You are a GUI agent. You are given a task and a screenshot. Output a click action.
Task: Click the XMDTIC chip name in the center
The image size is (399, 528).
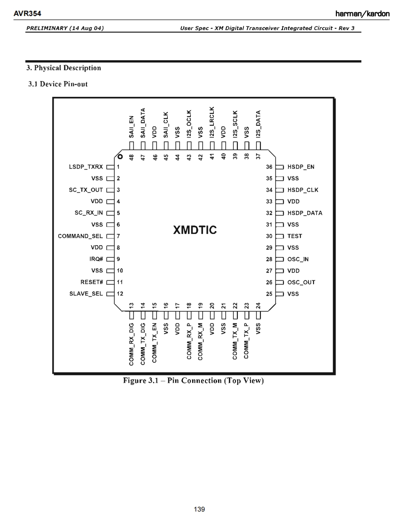(195, 230)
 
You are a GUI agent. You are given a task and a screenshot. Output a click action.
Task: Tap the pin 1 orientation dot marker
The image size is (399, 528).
(120, 157)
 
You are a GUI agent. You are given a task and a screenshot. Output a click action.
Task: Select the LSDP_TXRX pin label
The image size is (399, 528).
(86, 167)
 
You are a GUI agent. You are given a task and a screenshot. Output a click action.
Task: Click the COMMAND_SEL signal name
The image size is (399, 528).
(80, 236)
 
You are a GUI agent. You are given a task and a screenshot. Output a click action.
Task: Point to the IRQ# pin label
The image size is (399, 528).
(95, 259)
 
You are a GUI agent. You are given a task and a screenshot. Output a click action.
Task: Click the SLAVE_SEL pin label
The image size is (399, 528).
(86, 294)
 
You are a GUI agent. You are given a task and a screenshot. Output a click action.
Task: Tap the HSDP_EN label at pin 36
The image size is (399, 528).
(301, 167)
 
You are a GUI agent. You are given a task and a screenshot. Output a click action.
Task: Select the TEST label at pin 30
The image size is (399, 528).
(295, 236)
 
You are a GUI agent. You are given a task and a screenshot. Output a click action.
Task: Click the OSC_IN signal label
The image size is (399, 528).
(298, 259)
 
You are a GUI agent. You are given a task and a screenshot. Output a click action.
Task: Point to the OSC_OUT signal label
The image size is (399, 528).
(301, 282)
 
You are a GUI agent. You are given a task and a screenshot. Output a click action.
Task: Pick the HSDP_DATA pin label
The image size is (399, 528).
(305, 213)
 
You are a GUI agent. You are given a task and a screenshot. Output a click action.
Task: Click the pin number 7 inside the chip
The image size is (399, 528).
(118, 236)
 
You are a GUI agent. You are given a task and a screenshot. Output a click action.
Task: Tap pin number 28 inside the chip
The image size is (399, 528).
(269, 259)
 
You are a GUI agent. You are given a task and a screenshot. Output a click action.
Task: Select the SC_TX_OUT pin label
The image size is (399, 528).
(86, 190)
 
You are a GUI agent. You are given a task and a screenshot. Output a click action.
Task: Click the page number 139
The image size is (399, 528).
(199, 509)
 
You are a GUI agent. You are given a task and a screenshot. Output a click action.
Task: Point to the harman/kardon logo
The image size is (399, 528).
(362, 14)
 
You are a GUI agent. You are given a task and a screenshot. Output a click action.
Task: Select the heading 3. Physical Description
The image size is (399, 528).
(63, 68)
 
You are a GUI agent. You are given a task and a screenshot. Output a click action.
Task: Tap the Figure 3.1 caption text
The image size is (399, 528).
(193, 380)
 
